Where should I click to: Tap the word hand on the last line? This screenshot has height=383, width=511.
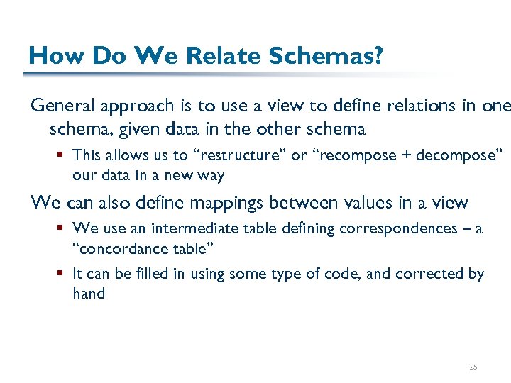tap(89, 293)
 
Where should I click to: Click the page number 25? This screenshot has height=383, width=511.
tap(473, 367)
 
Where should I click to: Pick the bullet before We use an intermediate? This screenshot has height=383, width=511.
tap(62, 228)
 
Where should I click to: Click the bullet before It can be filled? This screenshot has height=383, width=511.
tap(62, 274)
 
